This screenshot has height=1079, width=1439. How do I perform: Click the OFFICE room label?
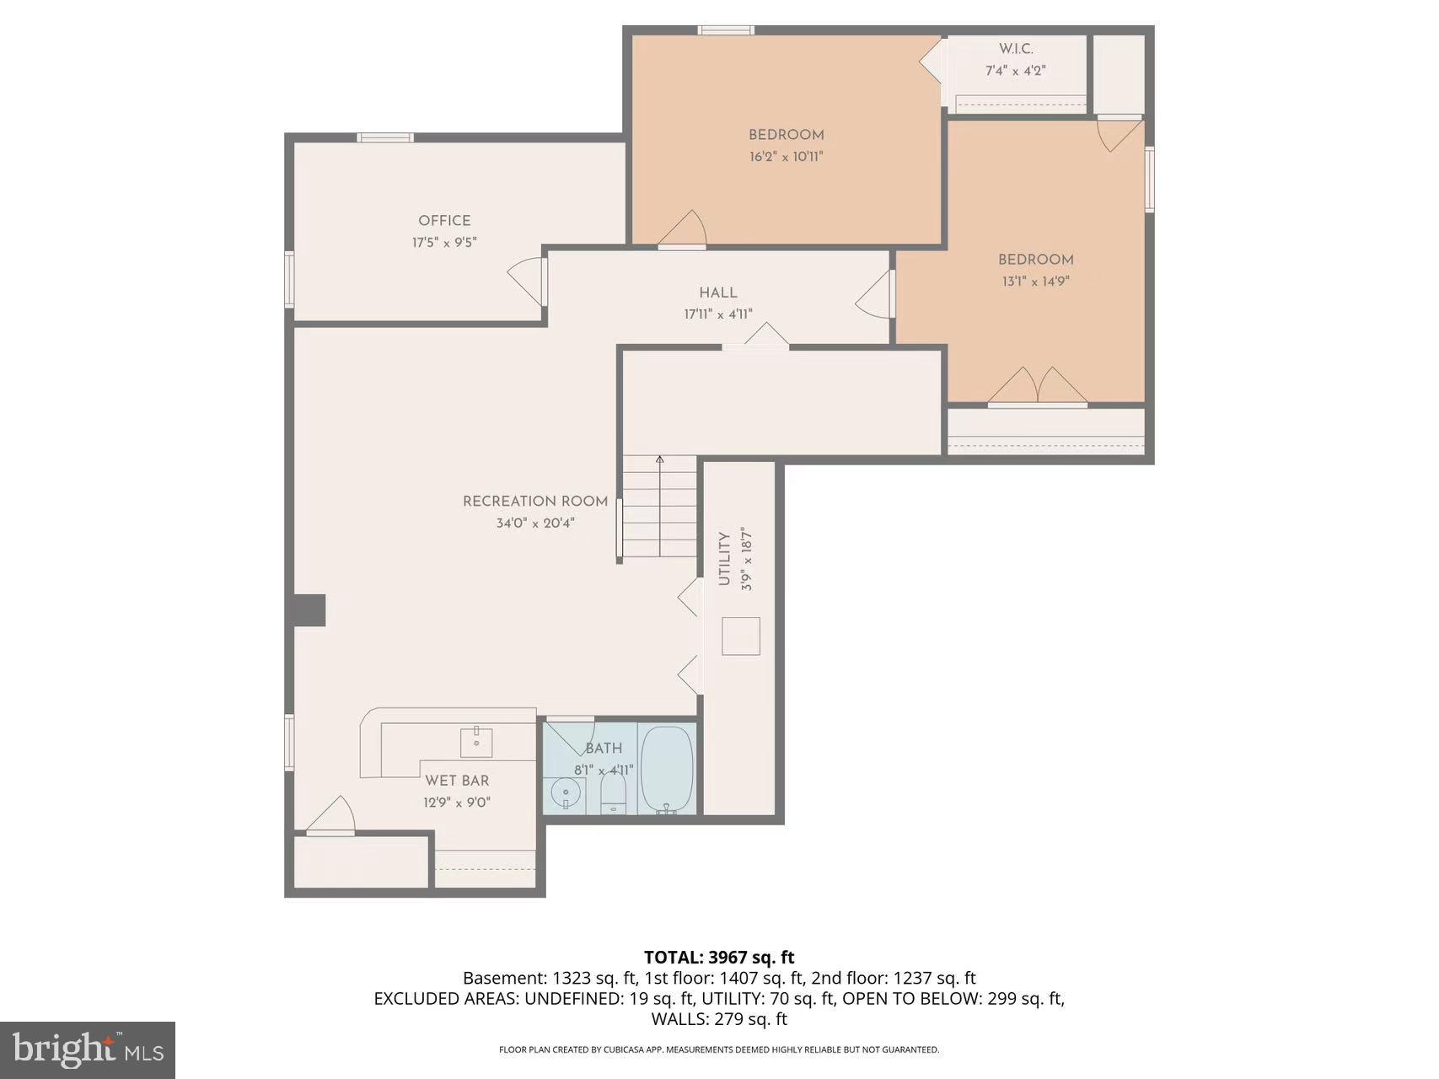pos(444,221)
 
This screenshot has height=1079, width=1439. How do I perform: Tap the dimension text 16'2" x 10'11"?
pos(786,157)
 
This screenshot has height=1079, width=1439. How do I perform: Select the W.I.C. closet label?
pos(1016,49)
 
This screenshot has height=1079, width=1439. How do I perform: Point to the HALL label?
pos(717,293)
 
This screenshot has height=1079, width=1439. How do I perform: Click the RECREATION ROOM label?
pos(534,502)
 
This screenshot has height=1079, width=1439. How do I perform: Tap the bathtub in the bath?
pos(668,769)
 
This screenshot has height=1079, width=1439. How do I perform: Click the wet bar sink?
pos(476,742)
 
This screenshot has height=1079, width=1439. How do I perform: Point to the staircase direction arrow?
pos(659,461)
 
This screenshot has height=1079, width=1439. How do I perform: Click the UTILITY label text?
pos(723,559)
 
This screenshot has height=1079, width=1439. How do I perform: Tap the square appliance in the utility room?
pos(741,636)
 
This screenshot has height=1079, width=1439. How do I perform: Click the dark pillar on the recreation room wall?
pos(309,610)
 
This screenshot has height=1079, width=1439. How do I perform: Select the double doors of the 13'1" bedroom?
pos(1038,386)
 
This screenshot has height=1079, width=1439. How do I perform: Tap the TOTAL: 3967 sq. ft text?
pos(719,957)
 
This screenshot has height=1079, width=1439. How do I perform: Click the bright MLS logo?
pos(88,1049)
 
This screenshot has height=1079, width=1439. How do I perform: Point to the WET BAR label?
pos(457,781)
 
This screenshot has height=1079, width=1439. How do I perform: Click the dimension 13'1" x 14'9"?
pos(1035,282)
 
